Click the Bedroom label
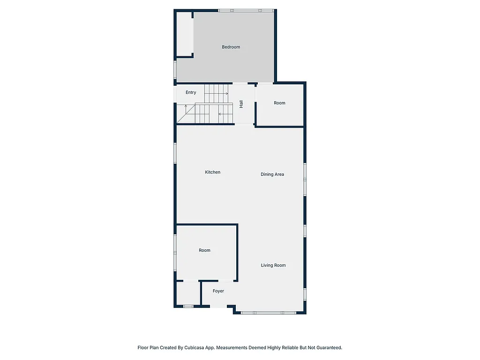(231, 47)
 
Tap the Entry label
(191, 92)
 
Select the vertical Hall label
(241, 104)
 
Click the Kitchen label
(212, 172)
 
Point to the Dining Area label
(272, 174)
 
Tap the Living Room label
(273, 265)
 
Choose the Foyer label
(218, 291)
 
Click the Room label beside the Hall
(279, 103)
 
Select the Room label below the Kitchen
(204, 250)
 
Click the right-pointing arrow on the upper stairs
(226, 94)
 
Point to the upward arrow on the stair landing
(186, 107)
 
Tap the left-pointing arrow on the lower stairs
(220, 114)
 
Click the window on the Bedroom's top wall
(246, 10)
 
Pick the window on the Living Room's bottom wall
(268, 313)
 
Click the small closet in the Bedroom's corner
(184, 34)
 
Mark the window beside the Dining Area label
(305, 178)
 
